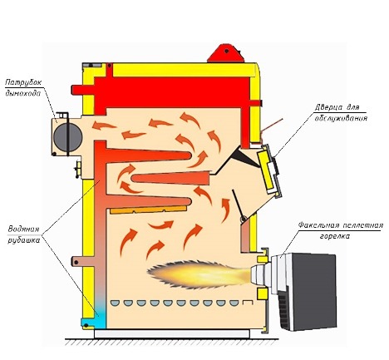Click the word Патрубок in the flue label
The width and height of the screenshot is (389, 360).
tap(23, 82)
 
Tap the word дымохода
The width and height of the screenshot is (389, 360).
tap(23, 93)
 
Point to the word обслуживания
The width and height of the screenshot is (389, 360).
tap(341, 118)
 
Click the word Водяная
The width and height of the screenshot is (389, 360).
tap(23, 229)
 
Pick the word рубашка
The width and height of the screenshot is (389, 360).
tap(23, 240)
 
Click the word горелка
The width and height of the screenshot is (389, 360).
tap(335, 236)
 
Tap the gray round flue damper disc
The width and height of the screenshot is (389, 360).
tap(67, 136)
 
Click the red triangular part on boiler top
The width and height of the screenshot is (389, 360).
tap(226, 53)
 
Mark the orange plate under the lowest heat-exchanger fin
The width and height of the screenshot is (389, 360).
tap(148, 210)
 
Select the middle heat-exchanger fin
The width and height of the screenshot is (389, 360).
tap(170, 179)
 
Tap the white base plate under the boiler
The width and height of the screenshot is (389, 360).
tap(172, 333)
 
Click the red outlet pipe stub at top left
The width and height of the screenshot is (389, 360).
tap(82, 90)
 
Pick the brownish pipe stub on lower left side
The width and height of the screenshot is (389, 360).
tap(82, 261)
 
